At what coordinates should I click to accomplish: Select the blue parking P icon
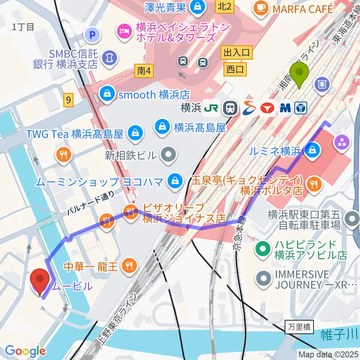(x=93, y=36)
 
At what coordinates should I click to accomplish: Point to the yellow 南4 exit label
(x=144, y=70)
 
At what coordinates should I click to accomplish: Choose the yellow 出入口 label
(x=237, y=52)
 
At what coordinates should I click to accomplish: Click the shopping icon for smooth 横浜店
(x=108, y=94)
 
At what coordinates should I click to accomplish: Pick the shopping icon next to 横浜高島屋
(x=162, y=128)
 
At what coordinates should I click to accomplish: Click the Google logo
(x=25, y=351)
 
